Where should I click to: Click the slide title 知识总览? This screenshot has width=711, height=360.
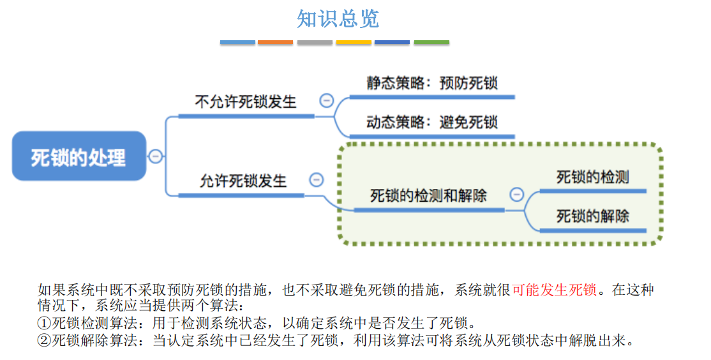338,19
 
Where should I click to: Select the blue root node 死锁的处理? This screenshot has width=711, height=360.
79,156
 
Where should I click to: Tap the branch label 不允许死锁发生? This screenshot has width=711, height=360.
245,101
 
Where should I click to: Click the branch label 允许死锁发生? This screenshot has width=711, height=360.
244,181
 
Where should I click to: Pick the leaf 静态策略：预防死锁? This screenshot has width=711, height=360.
432,83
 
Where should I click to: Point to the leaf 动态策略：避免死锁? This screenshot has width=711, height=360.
432,122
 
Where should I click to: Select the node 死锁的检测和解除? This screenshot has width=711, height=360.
428,195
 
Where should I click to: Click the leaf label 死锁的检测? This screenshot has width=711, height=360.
593,177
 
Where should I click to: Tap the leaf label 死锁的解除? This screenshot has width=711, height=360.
593,216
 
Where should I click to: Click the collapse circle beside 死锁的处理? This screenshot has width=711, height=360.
156,156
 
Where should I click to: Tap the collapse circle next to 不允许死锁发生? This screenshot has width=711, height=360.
327,100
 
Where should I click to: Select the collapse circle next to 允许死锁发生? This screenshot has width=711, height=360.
317,179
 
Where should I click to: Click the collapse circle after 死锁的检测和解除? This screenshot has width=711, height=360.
516,195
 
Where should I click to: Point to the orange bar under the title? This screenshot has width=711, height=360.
275,42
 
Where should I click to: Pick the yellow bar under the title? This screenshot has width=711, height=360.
354,42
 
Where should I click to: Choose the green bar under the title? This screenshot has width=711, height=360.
431,42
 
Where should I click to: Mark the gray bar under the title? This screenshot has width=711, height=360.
315,42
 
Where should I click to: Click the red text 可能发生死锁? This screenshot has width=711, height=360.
554,290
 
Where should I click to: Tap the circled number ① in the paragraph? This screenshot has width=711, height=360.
45,323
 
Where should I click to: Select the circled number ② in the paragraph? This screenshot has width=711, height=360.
45,340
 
